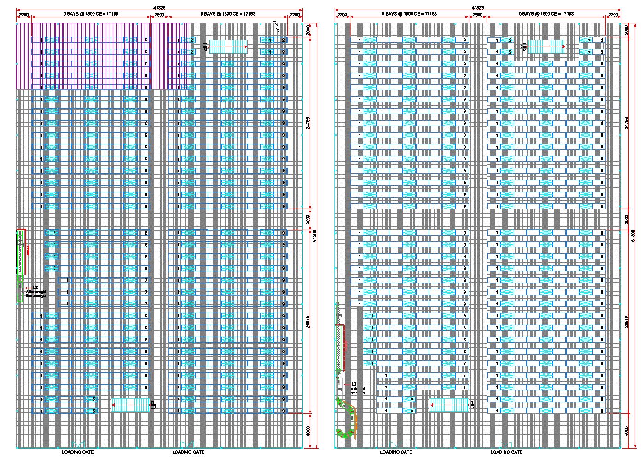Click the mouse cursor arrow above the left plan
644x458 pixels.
pos(277,27)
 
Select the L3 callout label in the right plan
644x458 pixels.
pos(354,384)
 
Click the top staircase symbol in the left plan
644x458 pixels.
pos(228,47)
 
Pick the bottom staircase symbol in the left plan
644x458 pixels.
pos(131,405)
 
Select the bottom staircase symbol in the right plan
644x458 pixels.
pos(449,405)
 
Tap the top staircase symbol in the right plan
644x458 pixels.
pos(546,47)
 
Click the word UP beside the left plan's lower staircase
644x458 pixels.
pos(154,405)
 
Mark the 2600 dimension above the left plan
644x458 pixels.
pos(159,15)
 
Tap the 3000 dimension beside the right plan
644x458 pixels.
pos(626,219)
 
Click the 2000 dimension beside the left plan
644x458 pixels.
pos(308,30)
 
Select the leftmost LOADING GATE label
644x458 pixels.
pos(78,452)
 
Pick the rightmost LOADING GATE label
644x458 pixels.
pos(506,452)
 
